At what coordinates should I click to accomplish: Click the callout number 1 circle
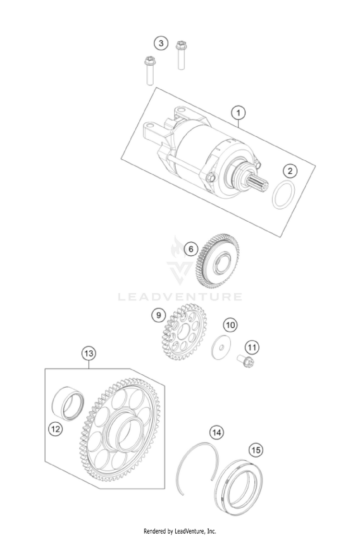(x=238, y=113)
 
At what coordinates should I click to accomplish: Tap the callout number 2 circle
(x=290, y=171)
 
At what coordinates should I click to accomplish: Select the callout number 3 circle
(x=161, y=43)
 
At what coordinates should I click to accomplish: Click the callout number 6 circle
(x=191, y=249)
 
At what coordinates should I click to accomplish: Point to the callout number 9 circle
(x=158, y=315)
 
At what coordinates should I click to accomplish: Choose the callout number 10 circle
(x=230, y=325)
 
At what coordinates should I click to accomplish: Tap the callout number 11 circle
(x=252, y=347)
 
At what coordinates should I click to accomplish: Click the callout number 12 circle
(x=55, y=429)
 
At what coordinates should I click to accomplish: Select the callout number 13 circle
(x=88, y=353)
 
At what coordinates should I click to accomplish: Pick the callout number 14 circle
(x=216, y=432)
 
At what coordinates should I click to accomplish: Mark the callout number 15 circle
(x=256, y=450)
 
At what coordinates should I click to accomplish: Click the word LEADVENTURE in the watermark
(x=180, y=297)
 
